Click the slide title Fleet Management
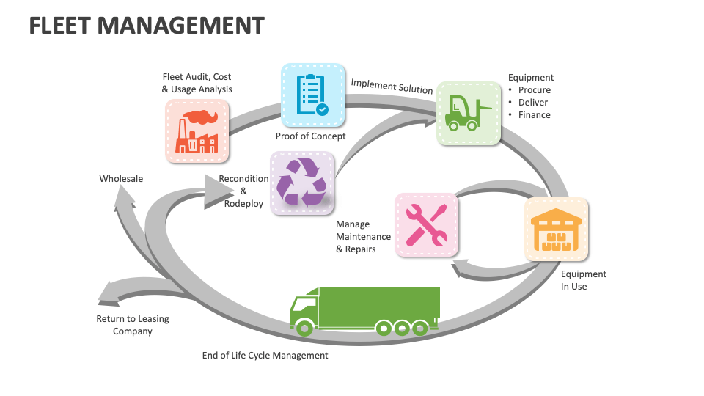tap(146, 26)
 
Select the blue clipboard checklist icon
tap(312, 95)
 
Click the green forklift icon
tap(469, 113)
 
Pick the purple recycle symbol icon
tap(301, 183)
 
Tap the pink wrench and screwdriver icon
tap(427, 224)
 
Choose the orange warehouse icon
tap(556, 229)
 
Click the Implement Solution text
tap(392, 86)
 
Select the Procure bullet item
tap(534, 90)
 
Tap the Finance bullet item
tap(534, 115)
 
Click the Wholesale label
tap(121, 178)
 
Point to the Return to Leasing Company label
tap(133, 325)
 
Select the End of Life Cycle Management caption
tap(265, 356)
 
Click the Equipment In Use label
tap(583, 280)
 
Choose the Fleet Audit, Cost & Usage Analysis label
tap(197, 83)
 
